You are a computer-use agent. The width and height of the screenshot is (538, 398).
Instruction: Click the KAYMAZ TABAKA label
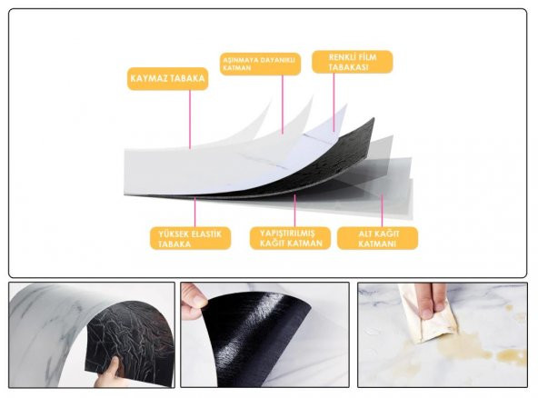(x=168, y=78)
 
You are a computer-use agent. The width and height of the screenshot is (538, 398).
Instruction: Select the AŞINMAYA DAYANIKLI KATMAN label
(x=260, y=64)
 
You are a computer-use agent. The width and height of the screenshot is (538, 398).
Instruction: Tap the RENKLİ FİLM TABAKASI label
(x=353, y=62)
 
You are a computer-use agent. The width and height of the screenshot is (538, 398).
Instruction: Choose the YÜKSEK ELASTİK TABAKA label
(x=191, y=238)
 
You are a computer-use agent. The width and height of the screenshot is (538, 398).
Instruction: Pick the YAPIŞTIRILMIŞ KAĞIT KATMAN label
(x=290, y=238)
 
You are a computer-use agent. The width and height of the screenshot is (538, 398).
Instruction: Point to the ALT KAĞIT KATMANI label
(x=378, y=238)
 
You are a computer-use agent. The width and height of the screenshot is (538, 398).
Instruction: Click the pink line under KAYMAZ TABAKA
(x=190, y=119)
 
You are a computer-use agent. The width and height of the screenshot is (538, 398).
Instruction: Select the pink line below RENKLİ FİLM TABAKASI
(x=334, y=102)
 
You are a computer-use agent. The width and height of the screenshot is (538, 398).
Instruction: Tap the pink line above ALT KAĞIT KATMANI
(x=382, y=211)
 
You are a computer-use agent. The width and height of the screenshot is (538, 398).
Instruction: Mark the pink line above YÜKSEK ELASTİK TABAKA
(x=194, y=212)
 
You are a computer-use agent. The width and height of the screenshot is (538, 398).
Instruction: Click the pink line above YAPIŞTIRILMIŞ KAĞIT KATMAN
(x=294, y=211)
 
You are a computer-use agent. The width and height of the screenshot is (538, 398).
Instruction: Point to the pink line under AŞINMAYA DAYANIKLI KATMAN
(x=283, y=104)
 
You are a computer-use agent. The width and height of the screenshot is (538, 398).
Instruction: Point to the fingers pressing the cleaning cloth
(x=433, y=300)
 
